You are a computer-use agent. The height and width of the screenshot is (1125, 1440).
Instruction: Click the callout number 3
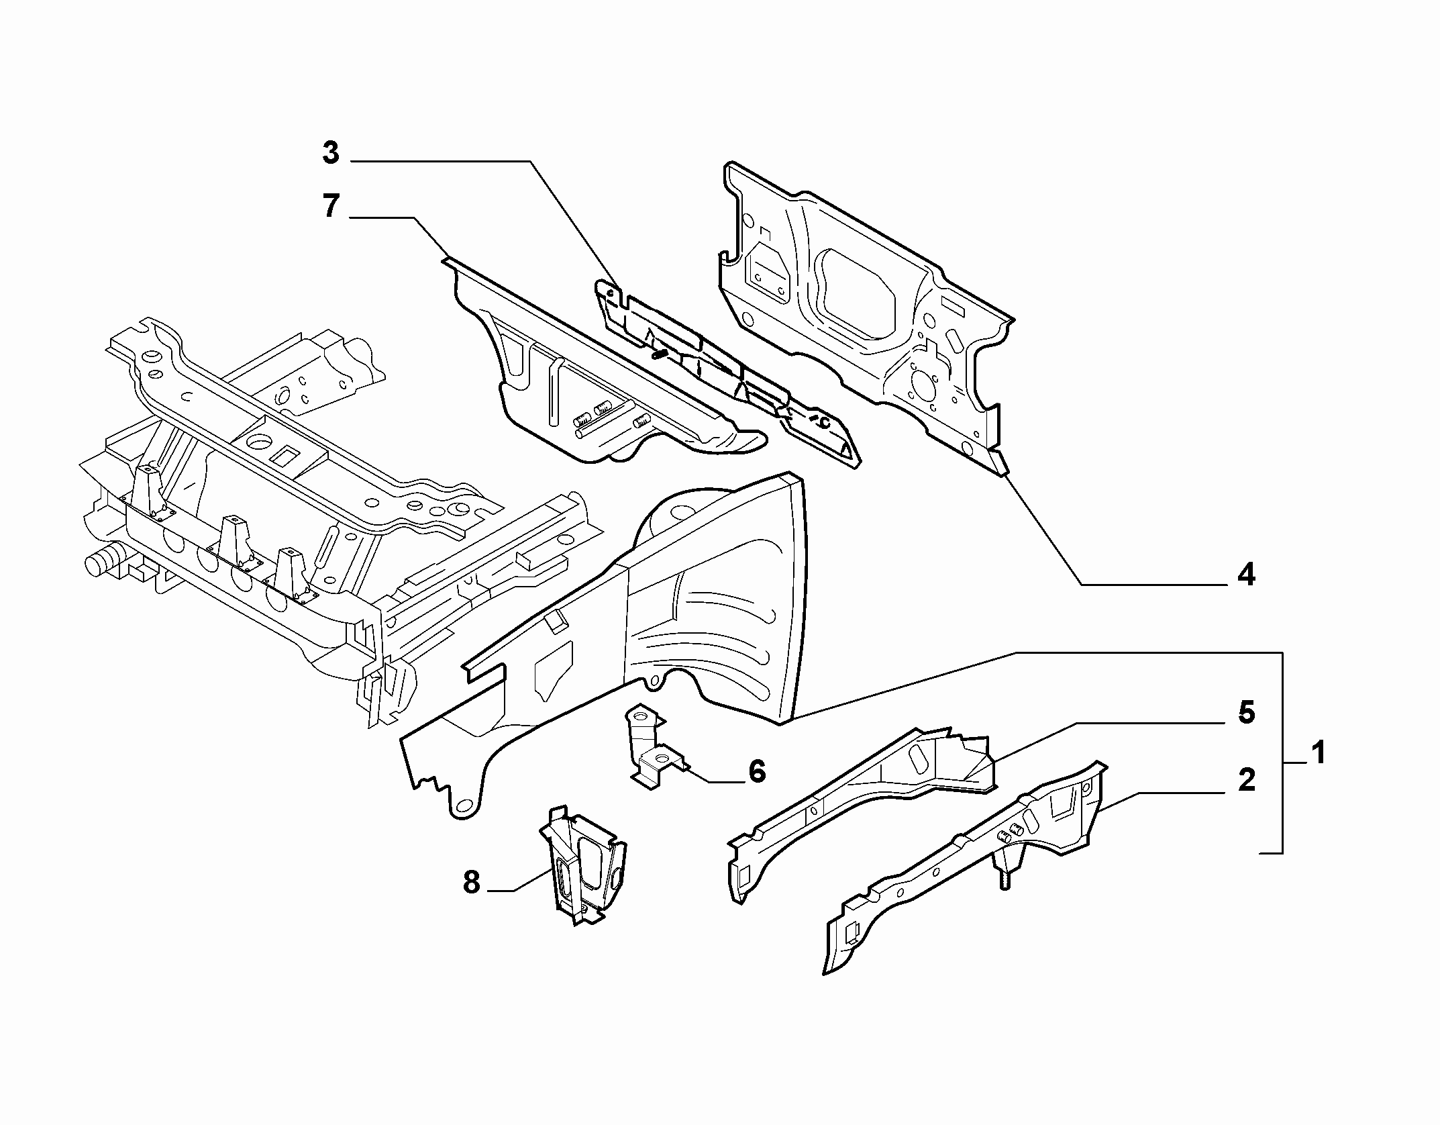[331, 154]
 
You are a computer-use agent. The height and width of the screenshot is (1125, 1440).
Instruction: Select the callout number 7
[331, 206]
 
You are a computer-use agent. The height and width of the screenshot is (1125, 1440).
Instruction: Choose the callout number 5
[1246, 712]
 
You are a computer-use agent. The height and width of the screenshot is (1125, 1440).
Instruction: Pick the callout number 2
[1246, 780]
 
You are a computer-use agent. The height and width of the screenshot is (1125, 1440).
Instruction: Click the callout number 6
[757, 772]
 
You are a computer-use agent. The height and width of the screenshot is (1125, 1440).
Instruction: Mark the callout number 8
[472, 883]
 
